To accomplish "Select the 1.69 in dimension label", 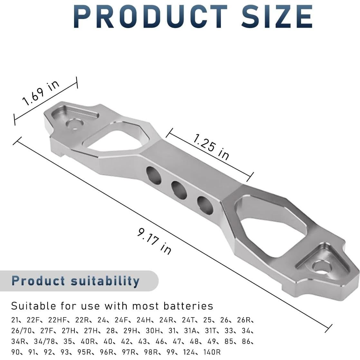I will coord(41,93).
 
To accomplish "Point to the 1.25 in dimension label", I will coord(211,147).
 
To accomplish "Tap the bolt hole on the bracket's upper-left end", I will coord(74,124).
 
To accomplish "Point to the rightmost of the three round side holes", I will coord(205,205).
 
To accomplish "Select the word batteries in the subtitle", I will coord(188,306).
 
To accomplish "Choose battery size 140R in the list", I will coord(212,352).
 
